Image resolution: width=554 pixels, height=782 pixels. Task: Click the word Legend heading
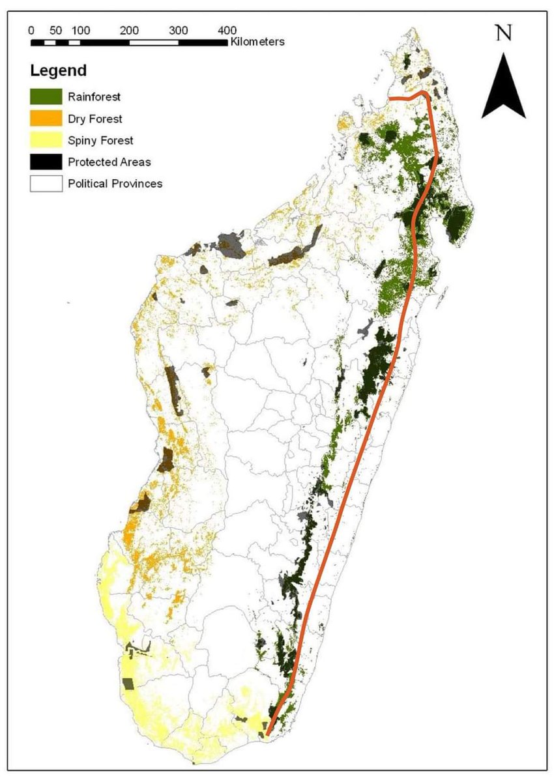(58, 70)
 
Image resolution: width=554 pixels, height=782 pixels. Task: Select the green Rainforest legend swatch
(46, 97)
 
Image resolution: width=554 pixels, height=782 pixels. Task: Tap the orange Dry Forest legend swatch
(46, 119)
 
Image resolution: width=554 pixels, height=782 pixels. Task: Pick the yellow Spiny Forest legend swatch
(46, 140)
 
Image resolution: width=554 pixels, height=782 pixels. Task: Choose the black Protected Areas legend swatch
(46, 162)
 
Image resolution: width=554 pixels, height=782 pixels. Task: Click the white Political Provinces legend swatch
(46, 183)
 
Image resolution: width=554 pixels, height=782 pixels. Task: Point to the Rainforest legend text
(95, 97)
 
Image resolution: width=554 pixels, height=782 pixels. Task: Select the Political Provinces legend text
(115, 183)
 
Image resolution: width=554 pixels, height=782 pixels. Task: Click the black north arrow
(504, 88)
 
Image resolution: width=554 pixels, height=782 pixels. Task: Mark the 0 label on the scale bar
(31, 30)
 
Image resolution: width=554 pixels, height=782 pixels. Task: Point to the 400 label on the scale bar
(227, 30)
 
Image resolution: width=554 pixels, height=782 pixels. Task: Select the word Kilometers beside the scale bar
(257, 42)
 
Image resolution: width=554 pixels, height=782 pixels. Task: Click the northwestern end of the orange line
(390, 98)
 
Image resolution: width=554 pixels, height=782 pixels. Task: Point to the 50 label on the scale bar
(55, 30)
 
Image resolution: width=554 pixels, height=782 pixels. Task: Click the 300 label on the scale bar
(179, 30)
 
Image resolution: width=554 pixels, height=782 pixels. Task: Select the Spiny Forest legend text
(100, 140)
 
